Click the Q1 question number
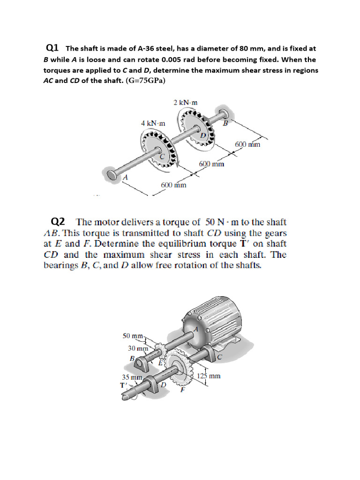pos(52,48)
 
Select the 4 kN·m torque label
pos(153,123)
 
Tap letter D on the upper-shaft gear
pos(203,135)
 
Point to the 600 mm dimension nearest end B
pos(247,144)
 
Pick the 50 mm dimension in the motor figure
pos(132,336)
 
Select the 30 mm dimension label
pos(138,348)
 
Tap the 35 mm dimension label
pos(132,377)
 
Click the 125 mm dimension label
pos(209,376)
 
